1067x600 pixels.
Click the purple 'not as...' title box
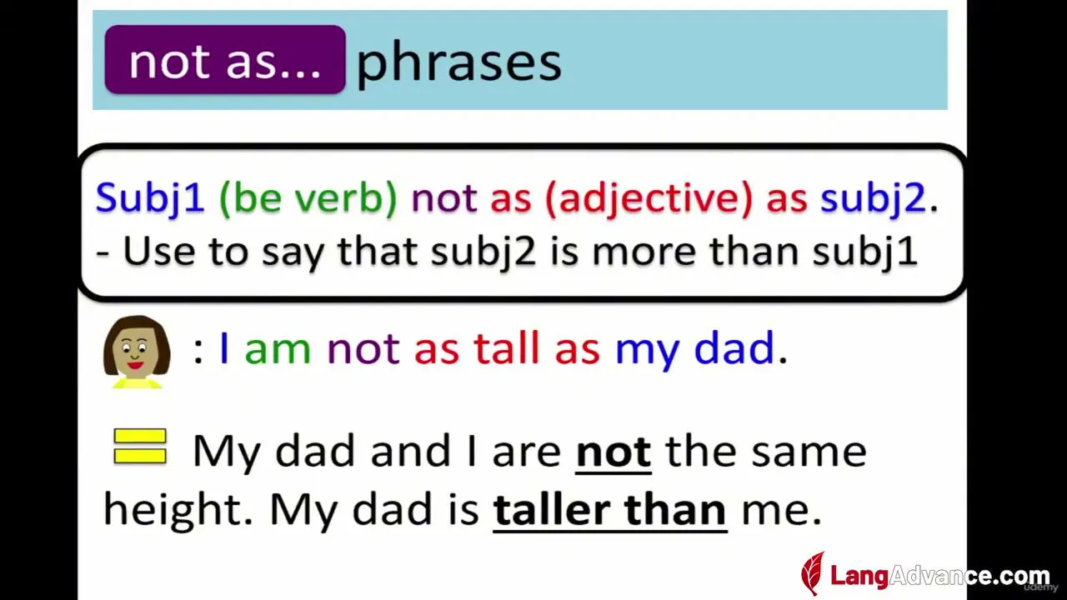point(225,59)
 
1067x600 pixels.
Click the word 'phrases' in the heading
point(459,64)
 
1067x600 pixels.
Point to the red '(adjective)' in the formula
point(649,199)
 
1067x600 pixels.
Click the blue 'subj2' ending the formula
point(873,199)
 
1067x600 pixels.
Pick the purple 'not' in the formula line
point(444,198)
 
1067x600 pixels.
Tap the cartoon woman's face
point(137,350)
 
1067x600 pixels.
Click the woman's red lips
point(136,365)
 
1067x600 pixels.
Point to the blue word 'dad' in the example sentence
point(734,347)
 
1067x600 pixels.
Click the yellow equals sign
point(140,446)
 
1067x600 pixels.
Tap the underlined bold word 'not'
point(614,452)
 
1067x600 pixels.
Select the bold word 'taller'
point(552,509)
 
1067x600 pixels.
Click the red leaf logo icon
point(813,573)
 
